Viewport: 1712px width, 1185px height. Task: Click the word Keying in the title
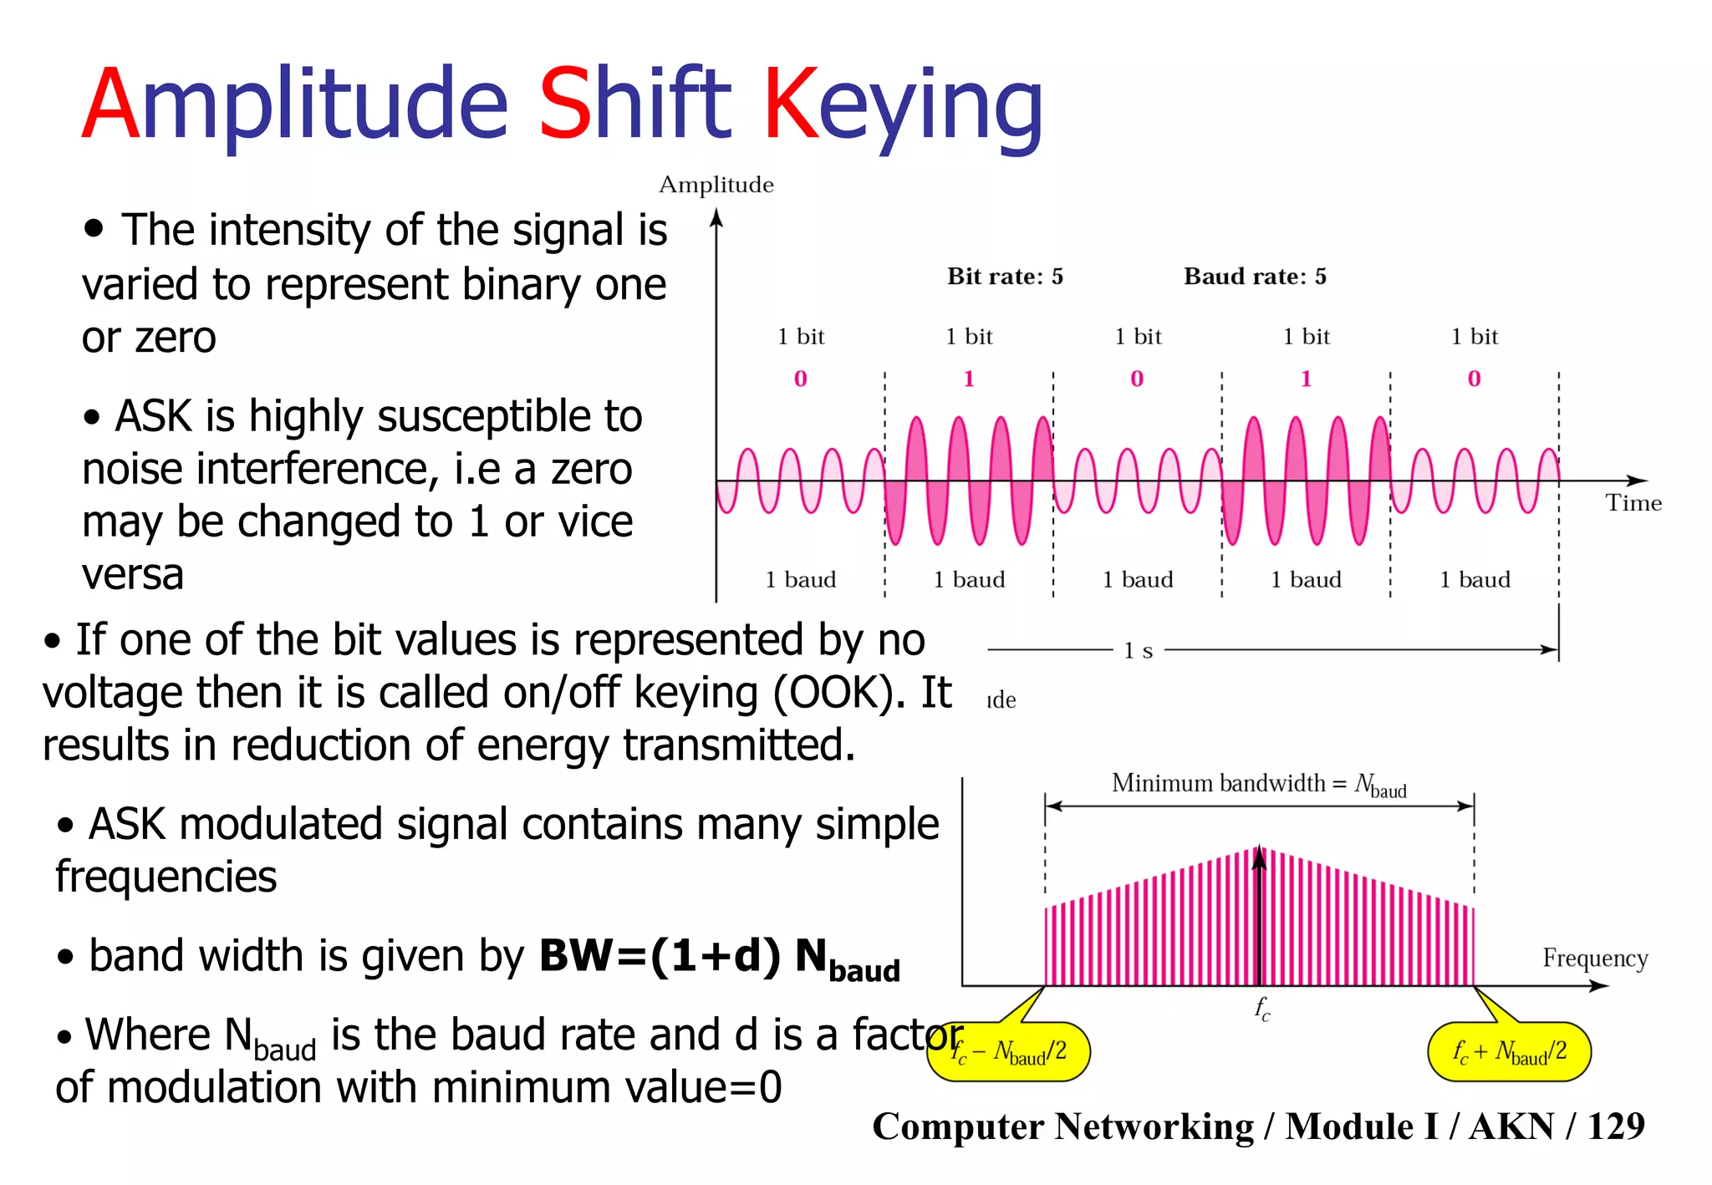point(903,104)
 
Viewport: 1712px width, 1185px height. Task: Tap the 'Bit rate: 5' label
point(1005,277)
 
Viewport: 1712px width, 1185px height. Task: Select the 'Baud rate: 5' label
point(1255,277)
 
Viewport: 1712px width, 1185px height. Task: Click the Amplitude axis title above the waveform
point(716,185)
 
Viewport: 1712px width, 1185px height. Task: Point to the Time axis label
point(1633,503)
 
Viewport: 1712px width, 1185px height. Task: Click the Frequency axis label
point(1595,958)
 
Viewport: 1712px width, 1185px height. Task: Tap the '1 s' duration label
point(1138,650)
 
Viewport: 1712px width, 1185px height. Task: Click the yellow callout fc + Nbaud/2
point(1509,1051)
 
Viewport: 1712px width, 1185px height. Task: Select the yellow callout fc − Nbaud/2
point(1009,1051)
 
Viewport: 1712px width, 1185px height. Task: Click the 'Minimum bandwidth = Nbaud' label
point(1258,785)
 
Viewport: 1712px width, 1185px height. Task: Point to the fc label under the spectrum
point(1261,1009)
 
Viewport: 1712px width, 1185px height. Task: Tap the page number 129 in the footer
point(1616,1127)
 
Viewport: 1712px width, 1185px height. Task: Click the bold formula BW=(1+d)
point(660,955)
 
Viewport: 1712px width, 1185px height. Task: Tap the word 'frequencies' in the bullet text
point(166,877)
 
